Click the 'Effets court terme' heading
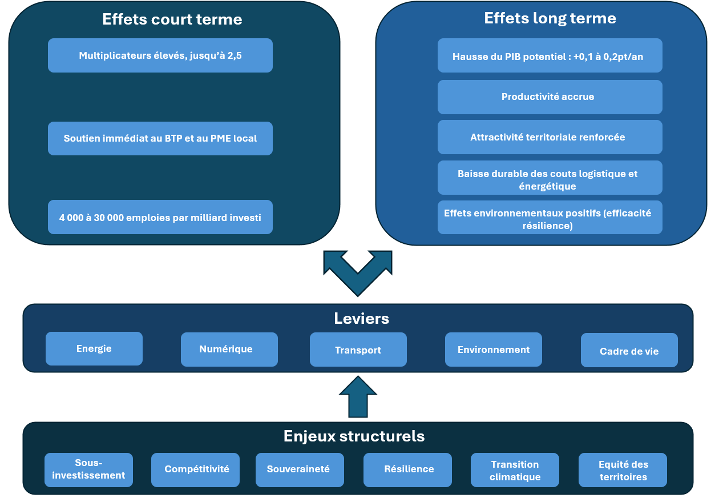(x=172, y=19)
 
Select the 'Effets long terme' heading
(x=550, y=18)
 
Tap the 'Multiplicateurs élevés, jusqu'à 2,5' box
(x=160, y=55)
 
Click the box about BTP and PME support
(x=160, y=138)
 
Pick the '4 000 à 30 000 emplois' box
(x=160, y=217)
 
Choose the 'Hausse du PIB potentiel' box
(x=550, y=56)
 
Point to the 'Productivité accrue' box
(x=550, y=97)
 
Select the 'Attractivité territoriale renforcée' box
(x=550, y=137)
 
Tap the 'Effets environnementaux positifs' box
(x=550, y=218)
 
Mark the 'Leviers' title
(x=361, y=318)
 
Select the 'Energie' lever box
(x=94, y=348)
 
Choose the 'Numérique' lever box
(x=229, y=349)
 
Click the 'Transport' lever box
(x=358, y=350)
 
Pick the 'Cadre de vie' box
(x=629, y=350)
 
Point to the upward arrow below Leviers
(x=358, y=397)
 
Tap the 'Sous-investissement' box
(x=88, y=469)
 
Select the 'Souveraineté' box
(x=299, y=469)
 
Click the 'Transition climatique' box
(x=515, y=470)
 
